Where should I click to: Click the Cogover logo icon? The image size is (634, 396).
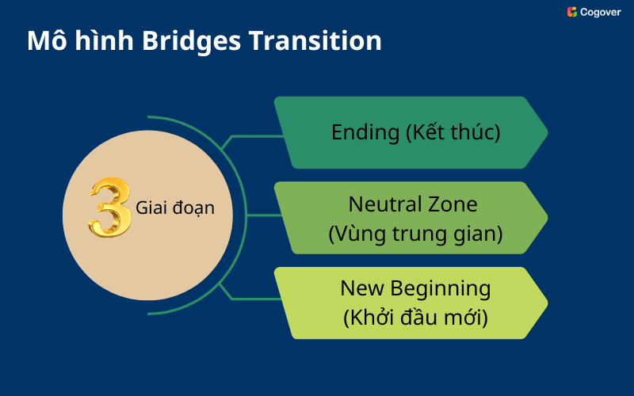571,12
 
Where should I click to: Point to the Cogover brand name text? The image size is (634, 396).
601,12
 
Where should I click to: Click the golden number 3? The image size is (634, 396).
109,208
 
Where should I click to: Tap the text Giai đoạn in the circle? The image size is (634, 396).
174,208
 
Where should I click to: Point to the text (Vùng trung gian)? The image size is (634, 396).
415,234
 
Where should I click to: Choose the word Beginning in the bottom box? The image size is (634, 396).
437,288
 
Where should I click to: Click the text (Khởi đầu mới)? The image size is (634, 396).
414,318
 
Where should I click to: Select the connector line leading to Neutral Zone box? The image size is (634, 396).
255,215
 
